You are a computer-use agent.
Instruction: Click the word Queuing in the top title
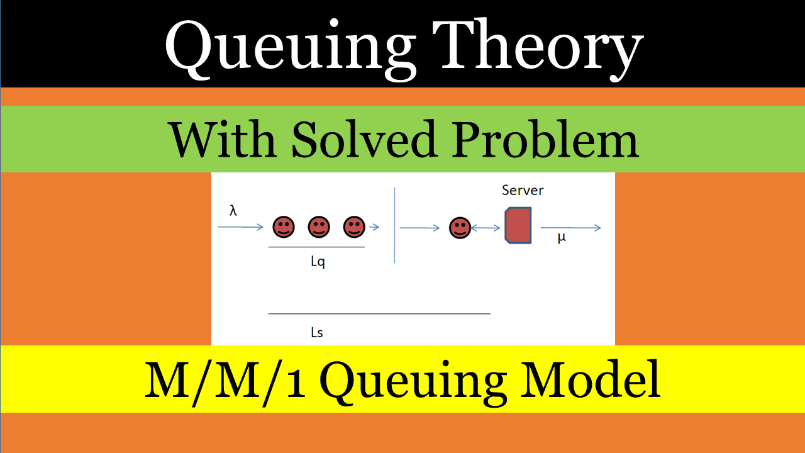pos(289,48)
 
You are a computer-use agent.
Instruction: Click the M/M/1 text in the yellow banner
pos(225,379)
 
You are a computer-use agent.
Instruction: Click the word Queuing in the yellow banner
pos(413,379)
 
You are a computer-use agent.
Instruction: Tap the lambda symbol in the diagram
pos(233,211)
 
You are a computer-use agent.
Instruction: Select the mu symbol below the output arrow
pos(562,238)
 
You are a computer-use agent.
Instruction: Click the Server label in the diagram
pos(523,190)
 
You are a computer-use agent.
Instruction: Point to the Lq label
pos(318,262)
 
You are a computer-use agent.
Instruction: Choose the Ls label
pos(317,332)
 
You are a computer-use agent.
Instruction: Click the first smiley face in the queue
pos(284,226)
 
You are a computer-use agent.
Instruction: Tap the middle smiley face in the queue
pos(319,226)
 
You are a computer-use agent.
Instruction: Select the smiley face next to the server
pos(460,228)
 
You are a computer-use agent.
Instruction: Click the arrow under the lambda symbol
pos(240,227)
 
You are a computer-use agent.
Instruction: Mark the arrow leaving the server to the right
pos(570,228)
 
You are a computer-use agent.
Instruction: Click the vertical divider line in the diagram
pos(394,225)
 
